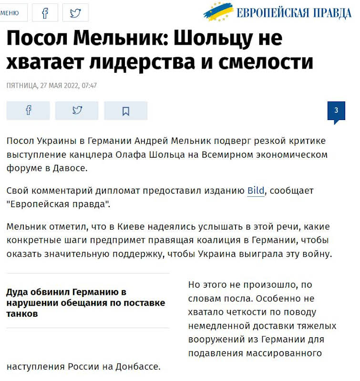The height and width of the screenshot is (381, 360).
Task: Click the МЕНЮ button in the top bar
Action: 10,13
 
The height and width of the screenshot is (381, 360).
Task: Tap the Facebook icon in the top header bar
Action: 45,13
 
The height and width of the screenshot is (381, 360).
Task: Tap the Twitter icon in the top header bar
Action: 75,13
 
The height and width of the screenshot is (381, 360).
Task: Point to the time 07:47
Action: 90,86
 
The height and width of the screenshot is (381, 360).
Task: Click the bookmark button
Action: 126,110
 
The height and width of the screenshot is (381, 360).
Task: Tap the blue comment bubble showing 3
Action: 336,111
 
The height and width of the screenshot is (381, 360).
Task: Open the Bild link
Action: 256,191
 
